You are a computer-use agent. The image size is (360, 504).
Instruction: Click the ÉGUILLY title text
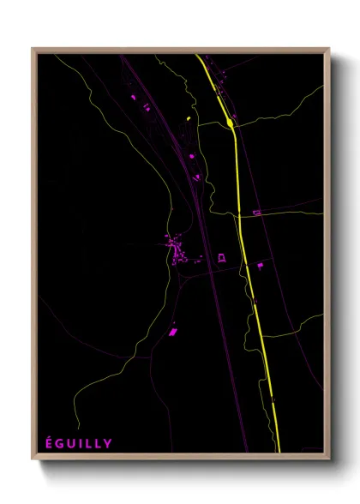(78, 442)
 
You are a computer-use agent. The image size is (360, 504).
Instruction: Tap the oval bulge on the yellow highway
(231, 123)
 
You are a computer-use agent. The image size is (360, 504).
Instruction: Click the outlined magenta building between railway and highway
(222, 257)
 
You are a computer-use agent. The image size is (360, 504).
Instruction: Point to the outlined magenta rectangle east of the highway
(255, 212)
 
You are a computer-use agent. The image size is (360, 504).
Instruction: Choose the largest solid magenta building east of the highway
(261, 267)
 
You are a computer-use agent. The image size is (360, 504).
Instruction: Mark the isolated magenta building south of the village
(172, 331)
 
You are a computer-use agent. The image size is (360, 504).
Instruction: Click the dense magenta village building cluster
(178, 250)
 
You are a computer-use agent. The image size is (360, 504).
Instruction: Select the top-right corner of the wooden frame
(329, 50)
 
